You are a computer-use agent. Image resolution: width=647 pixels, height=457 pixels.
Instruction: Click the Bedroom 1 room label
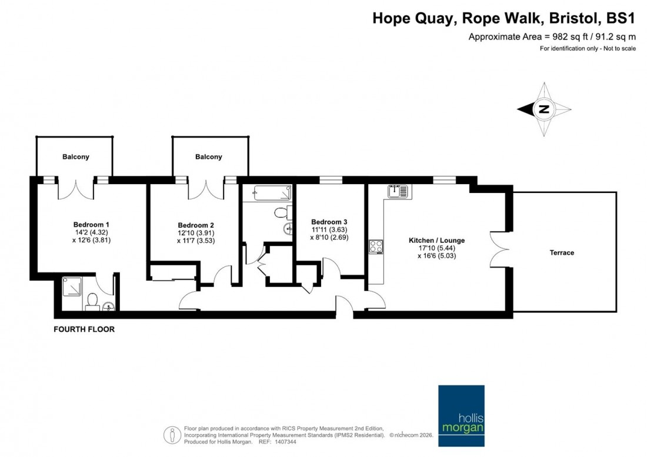pyautogui.click(x=91, y=225)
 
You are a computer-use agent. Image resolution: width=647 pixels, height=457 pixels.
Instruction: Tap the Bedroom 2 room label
pyautogui.click(x=196, y=225)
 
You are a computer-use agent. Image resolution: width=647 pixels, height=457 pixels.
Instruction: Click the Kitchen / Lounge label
pyautogui.click(x=437, y=241)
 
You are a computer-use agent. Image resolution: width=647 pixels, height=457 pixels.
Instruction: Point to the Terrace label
pyautogui.click(x=562, y=253)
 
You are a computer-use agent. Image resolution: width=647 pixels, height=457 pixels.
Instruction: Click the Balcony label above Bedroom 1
pyautogui.click(x=76, y=157)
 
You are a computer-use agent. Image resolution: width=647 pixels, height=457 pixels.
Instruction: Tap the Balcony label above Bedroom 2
pyautogui.click(x=209, y=157)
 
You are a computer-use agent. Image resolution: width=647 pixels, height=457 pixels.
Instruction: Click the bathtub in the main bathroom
pyautogui.click(x=272, y=193)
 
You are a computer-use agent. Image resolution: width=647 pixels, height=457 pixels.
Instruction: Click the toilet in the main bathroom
pyautogui.click(x=281, y=212)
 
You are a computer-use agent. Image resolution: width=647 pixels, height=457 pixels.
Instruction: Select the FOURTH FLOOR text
pyautogui.click(x=84, y=330)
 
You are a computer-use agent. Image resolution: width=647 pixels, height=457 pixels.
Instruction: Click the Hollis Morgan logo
pyautogui.click(x=462, y=408)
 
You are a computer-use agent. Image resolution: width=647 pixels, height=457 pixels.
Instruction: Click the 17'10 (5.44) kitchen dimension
pyautogui.click(x=437, y=248)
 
